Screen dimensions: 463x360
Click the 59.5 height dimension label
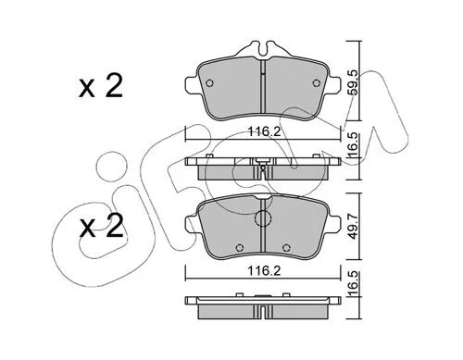(x=354, y=82)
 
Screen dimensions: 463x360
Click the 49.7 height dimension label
(x=354, y=227)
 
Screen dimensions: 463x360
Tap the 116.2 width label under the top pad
(x=265, y=132)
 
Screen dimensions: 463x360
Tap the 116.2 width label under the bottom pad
(x=265, y=271)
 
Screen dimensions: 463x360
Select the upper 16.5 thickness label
(x=354, y=145)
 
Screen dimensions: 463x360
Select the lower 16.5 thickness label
(x=354, y=283)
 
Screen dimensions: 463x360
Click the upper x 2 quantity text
(x=101, y=86)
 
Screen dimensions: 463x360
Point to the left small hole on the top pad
(x=209, y=83)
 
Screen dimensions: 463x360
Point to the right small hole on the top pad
(x=316, y=83)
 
